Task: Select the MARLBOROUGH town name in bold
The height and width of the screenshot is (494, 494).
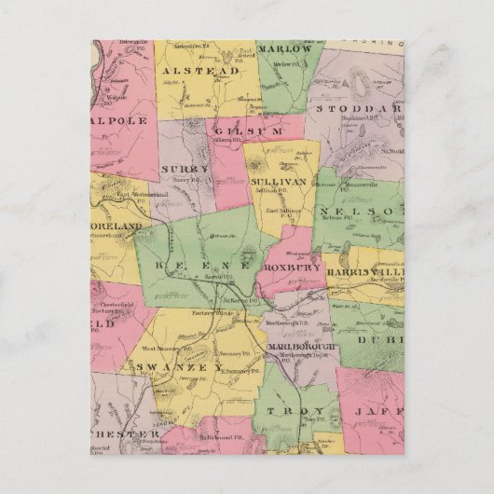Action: coord(300,346)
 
